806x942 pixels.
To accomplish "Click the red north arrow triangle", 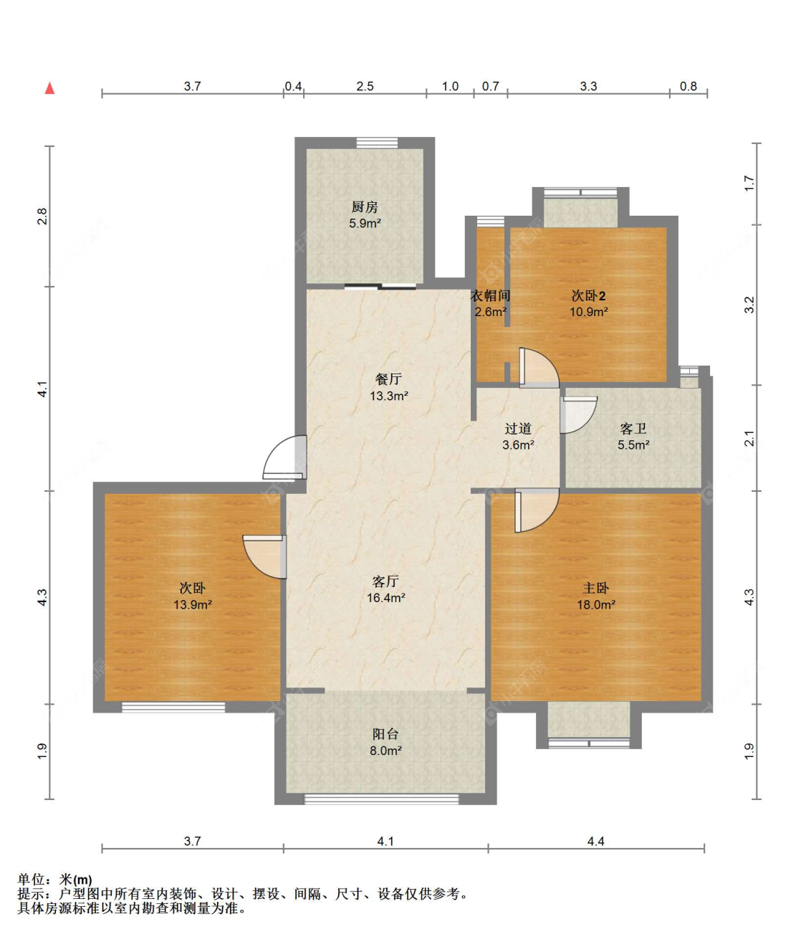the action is click(49, 88).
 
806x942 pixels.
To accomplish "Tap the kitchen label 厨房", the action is click(364, 207).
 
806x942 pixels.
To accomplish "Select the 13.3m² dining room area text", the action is click(388, 396).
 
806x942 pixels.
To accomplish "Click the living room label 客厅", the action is click(385, 581).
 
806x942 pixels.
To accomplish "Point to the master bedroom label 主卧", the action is click(595, 589).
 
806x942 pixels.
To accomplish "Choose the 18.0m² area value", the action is click(595, 605).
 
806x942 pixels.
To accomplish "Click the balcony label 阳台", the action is click(385, 734).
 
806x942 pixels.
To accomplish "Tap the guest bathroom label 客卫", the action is click(633, 429).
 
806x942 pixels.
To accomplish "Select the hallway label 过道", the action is click(518, 429).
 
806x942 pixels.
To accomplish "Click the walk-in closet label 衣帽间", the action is click(490, 296).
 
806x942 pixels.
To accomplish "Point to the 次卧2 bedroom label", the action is click(588, 296).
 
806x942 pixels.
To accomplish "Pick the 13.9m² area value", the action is click(192, 605).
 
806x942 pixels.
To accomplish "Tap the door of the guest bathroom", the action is click(578, 414).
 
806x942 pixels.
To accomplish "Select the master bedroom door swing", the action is click(537, 510).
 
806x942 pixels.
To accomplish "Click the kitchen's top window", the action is click(377, 143).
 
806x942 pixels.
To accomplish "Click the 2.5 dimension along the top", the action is click(365, 86).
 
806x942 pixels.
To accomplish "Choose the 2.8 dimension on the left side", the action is click(42, 217).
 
